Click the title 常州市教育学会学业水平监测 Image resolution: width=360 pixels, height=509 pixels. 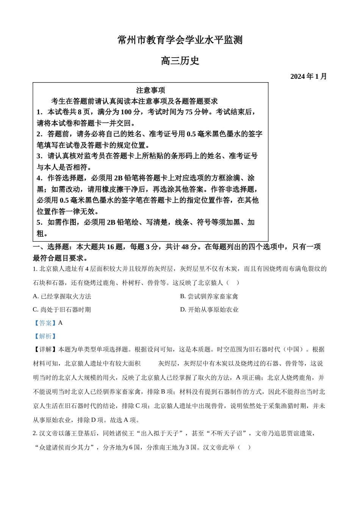[x=180, y=40]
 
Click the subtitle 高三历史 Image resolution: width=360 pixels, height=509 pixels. [x=180, y=61]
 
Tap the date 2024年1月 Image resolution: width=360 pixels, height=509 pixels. [x=308, y=77]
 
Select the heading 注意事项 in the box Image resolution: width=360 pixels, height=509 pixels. [x=150, y=91]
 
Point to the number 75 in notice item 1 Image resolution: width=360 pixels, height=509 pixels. [x=189, y=112]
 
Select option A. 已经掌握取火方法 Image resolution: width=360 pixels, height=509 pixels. [x=62, y=296]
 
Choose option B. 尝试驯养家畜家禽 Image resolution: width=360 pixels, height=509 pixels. [x=209, y=296]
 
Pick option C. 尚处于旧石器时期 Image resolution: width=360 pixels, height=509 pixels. [x=62, y=309]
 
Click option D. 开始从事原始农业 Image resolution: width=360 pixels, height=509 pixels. [x=209, y=309]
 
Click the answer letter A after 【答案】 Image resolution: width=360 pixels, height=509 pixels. [x=61, y=323]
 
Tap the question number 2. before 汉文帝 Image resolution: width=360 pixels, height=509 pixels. [x=35, y=433]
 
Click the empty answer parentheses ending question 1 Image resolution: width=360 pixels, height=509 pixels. [x=233, y=283]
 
